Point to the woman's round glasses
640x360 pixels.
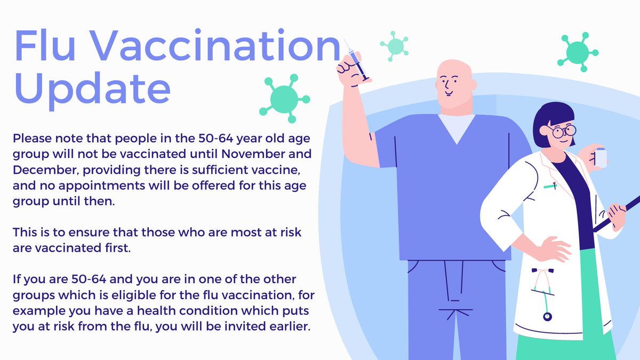click(x=563, y=130)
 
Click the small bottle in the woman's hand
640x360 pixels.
click(x=601, y=158)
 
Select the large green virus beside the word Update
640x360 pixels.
click(x=284, y=98)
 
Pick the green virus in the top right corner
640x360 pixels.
click(x=577, y=52)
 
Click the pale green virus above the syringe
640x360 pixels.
click(x=394, y=45)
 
